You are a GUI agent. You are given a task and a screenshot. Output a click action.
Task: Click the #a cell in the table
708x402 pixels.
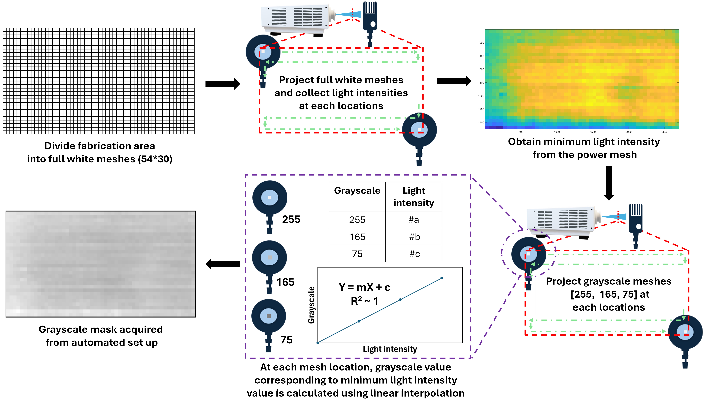[413, 220]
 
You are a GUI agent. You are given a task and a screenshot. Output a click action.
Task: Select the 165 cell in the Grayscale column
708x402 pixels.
[357, 237]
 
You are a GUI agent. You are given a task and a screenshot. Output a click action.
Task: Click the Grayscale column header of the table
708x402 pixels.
[357, 190]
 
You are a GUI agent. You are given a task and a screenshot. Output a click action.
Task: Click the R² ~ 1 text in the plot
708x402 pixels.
[364, 301]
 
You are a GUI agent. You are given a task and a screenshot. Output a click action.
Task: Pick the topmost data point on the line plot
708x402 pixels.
[442, 278]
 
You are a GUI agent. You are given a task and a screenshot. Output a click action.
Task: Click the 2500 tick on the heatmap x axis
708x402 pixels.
[664, 132]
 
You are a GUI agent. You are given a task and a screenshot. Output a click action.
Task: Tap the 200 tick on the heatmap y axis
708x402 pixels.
[482, 43]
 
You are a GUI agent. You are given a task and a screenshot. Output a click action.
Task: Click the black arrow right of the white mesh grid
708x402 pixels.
[223, 84]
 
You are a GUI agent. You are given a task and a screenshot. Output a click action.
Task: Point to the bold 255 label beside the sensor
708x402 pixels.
[291, 219]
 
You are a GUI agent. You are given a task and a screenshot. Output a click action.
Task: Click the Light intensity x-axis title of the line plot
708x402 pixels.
[390, 349]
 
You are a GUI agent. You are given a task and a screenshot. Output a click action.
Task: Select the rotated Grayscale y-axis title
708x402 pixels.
[311, 305]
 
